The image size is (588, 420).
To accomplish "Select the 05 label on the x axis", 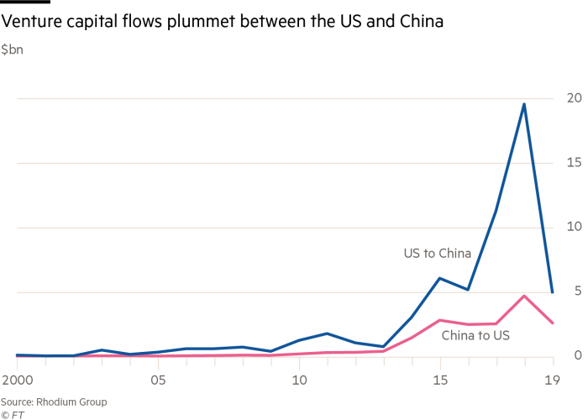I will coord(158,380).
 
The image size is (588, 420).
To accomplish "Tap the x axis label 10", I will coord(299,380).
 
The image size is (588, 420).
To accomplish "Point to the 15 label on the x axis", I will coord(440,380).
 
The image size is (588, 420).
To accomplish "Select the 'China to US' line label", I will coord(475,336).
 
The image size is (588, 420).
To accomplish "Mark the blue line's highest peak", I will coord(524,104).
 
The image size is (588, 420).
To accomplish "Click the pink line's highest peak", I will coord(524,296).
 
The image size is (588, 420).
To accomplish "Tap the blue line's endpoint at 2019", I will coord(553,291).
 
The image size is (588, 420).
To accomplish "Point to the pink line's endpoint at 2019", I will coord(553,323).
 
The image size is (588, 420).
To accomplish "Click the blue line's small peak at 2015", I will coord(440,278).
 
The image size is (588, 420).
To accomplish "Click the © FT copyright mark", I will coord(12,413).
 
